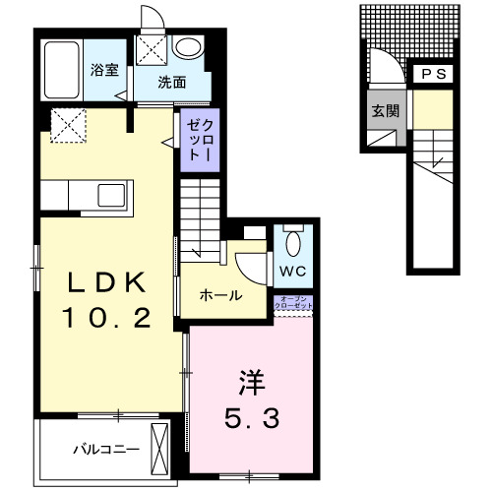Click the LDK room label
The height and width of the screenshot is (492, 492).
click(x=108, y=282)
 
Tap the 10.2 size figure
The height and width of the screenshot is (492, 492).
click(x=108, y=318)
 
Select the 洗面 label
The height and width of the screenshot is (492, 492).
click(x=172, y=83)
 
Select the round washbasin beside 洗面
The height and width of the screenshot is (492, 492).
click(x=186, y=48)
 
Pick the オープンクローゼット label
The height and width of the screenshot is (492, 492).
click(x=295, y=305)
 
